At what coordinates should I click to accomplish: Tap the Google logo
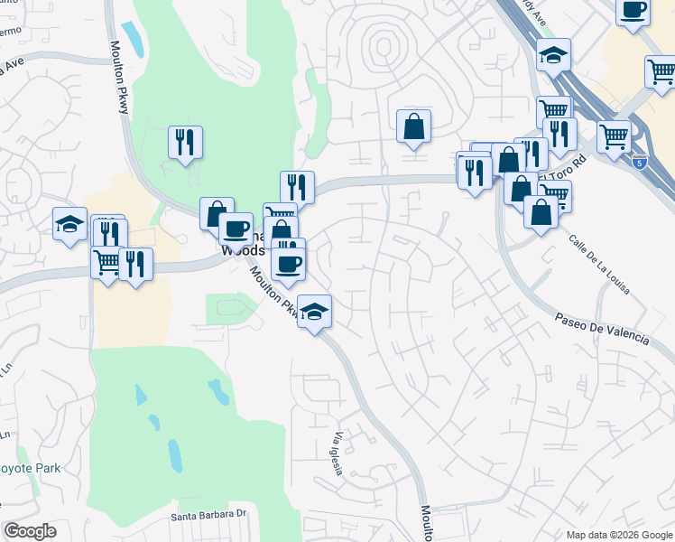(30, 531)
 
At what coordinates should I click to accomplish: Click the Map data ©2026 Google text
(618, 534)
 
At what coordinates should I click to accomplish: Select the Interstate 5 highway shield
(639, 164)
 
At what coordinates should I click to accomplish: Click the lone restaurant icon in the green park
(185, 142)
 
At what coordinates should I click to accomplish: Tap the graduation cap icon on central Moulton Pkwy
(314, 313)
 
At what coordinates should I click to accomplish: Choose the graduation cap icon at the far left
(69, 223)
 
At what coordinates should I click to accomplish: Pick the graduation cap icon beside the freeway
(553, 56)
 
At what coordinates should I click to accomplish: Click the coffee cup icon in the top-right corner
(633, 10)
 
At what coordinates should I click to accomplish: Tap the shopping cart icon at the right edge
(661, 71)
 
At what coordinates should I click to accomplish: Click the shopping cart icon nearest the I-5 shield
(614, 136)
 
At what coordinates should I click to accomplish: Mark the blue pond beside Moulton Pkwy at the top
(133, 39)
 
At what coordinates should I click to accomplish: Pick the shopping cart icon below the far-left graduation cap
(106, 263)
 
